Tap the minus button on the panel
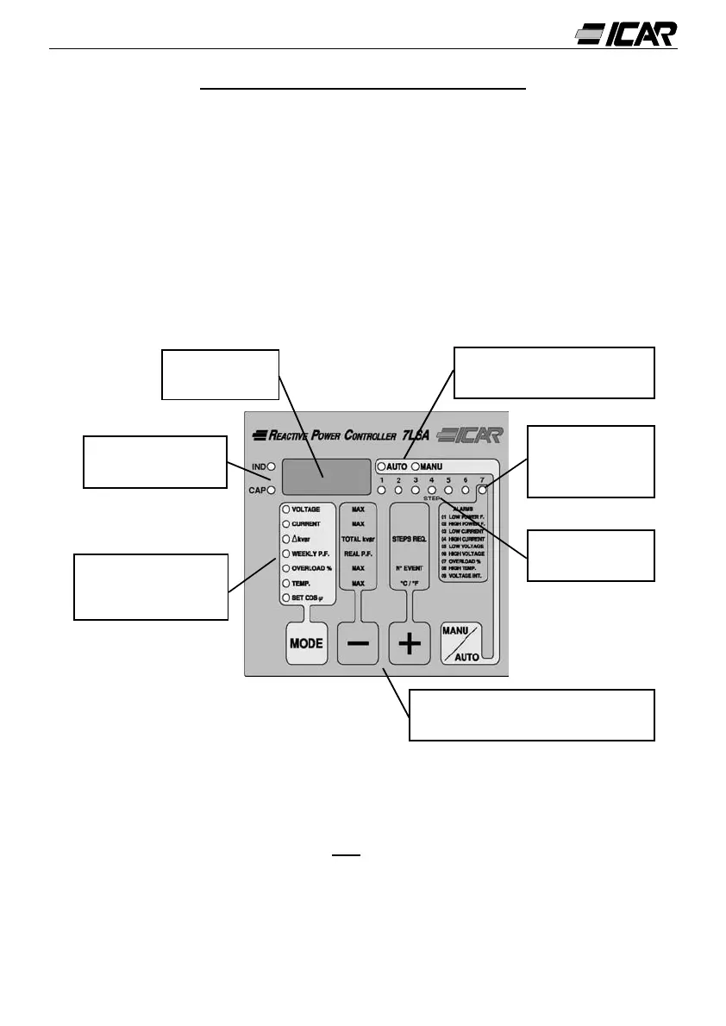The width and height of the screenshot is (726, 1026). click(x=358, y=644)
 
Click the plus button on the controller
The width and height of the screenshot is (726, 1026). click(x=410, y=644)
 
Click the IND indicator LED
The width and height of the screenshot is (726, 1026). click(x=271, y=466)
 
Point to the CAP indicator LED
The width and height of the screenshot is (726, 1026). click(x=271, y=491)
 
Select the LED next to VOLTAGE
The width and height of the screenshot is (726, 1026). click(x=286, y=510)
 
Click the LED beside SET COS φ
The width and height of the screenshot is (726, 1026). click(x=286, y=597)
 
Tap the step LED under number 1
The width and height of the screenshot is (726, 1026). click(x=382, y=491)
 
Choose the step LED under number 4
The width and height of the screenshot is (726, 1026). click(x=432, y=491)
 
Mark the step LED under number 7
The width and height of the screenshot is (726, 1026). click(x=482, y=491)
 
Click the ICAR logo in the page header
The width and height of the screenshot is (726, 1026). click(x=626, y=34)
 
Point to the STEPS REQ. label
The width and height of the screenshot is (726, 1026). click(x=410, y=539)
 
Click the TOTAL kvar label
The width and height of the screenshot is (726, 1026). click(x=359, y=539)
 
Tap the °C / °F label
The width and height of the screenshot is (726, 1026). click(x=410, y=584)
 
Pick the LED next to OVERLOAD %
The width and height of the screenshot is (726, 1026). click(x=286, y=568)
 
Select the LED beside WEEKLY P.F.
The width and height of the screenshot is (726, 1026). click(x=286, y=554)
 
